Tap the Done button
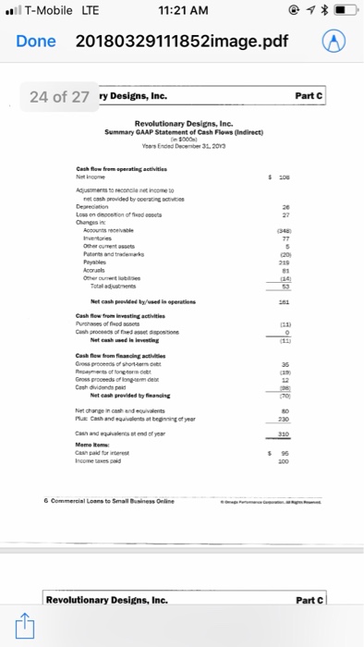[x=36, y=42]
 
